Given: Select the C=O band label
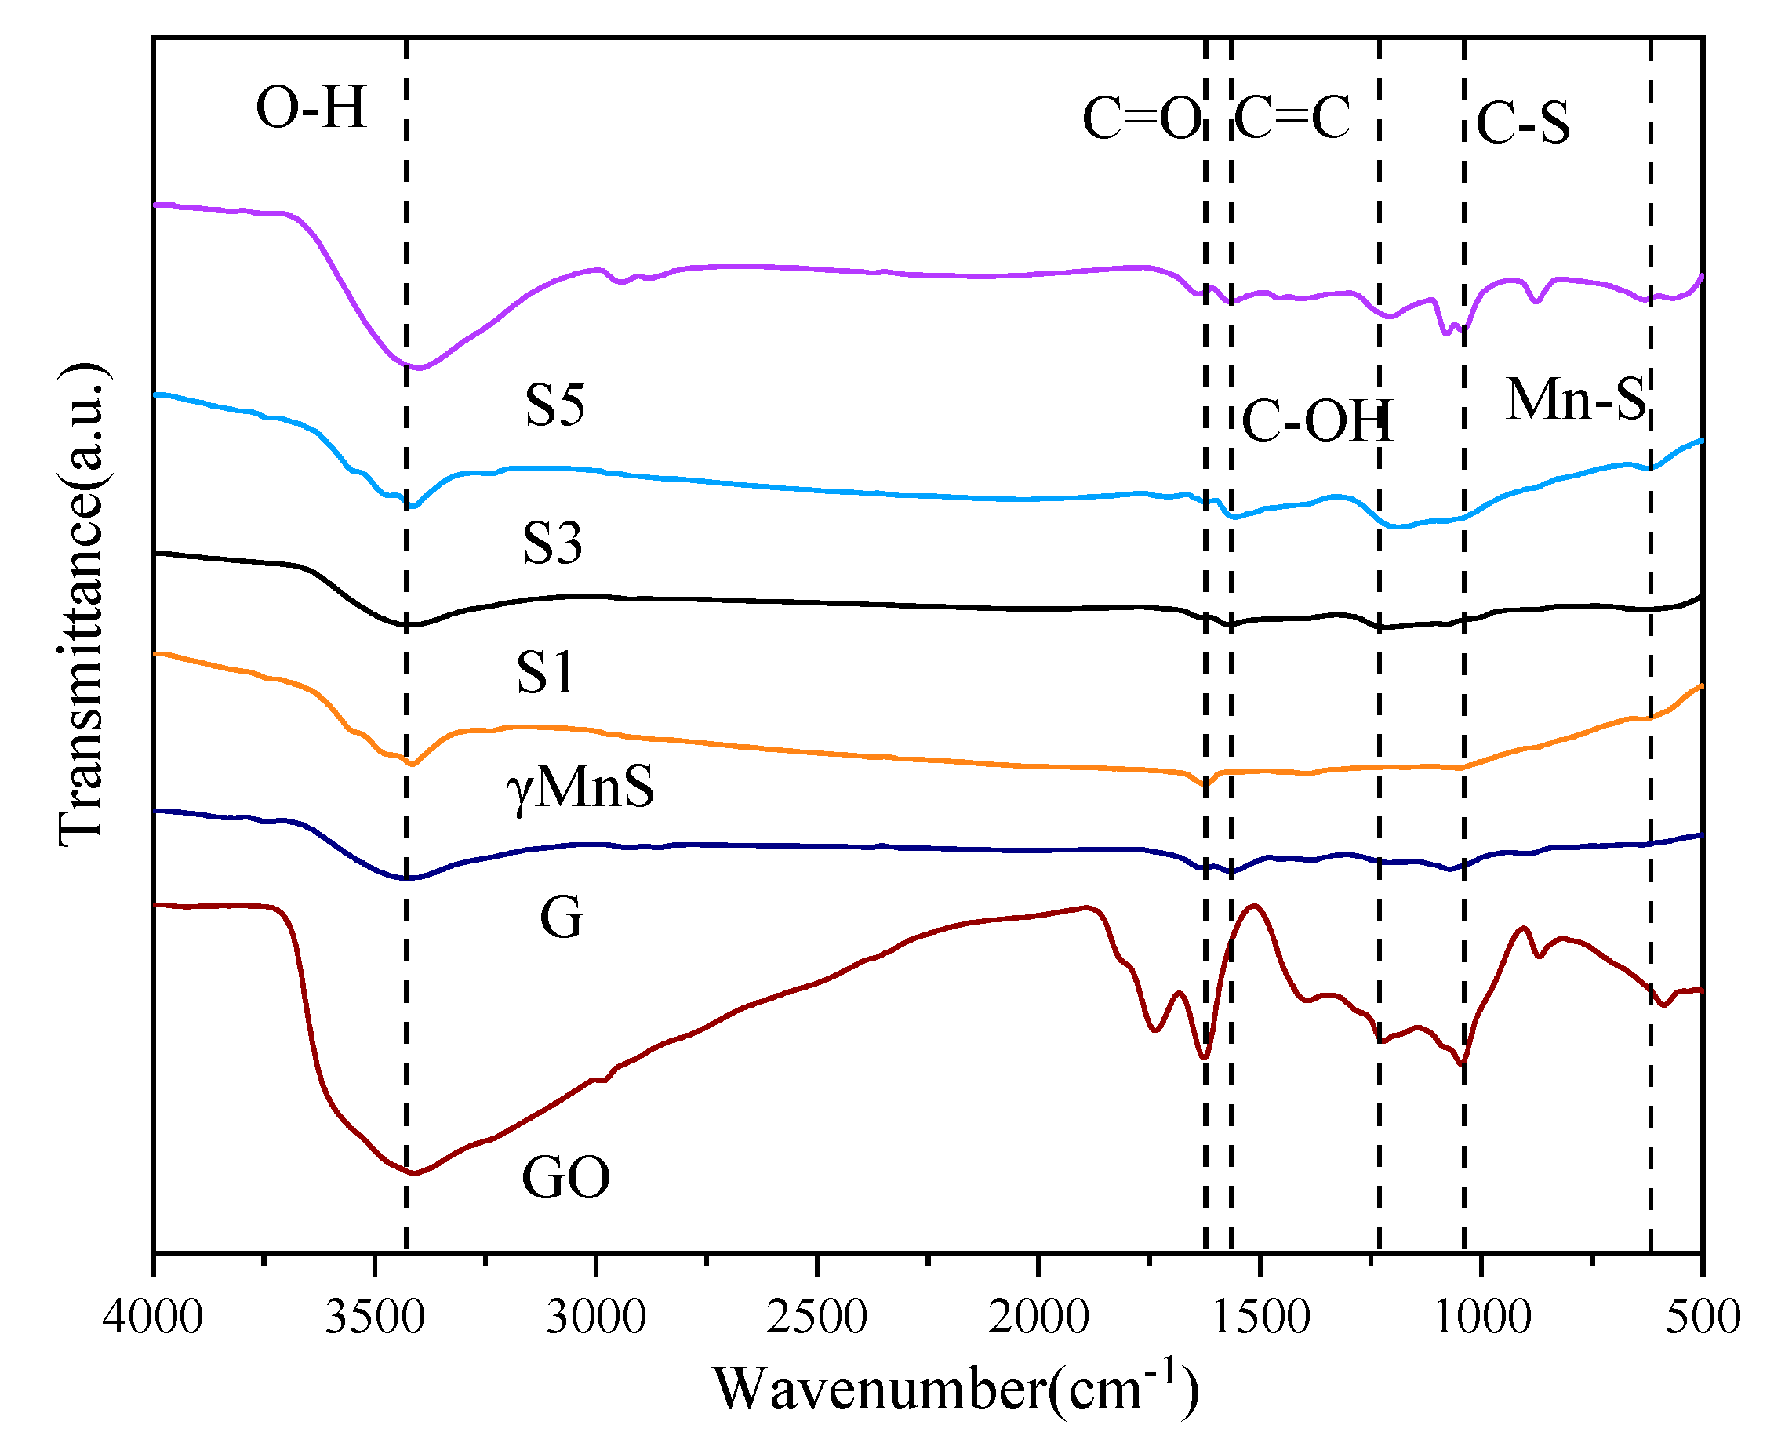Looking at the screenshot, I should tap(1141, 118).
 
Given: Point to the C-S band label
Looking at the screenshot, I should tap(1521, 124).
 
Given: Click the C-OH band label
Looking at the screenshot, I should tap(1317, 421).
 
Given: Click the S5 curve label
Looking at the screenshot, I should tap(554, 406).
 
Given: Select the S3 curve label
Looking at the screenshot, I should tap(552, 543).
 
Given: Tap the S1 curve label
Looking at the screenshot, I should tap(545, 672).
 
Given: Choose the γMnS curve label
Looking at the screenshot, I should tap(580, 787).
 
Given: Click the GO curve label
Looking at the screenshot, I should tap(565, 1179).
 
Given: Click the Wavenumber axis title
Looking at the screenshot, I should tap(955, 1390).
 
